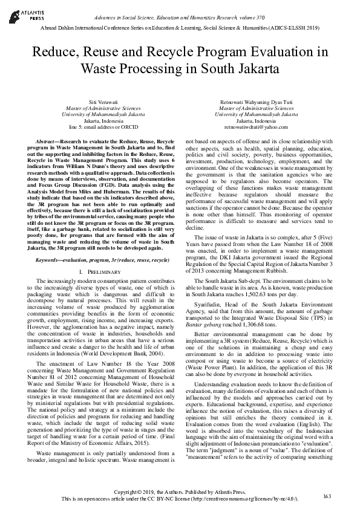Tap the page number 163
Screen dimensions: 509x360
pos(327,496)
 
